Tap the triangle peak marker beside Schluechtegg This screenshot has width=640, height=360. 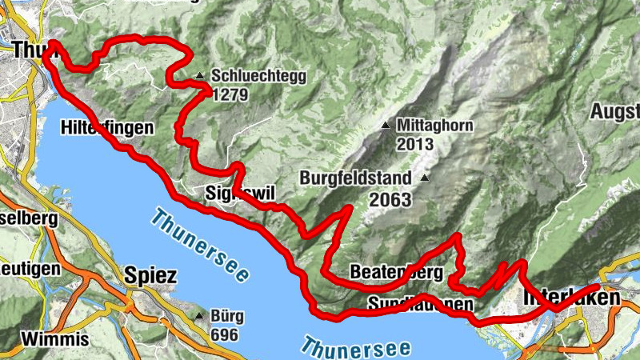(199, 77)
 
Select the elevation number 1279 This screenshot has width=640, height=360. (230, 94)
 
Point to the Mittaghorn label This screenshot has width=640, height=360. (435, 126)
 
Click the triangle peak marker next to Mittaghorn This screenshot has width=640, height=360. (386, 126)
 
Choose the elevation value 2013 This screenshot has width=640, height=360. (414, 144)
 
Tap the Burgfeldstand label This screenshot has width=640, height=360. (356, 178)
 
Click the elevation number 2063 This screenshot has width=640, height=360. (390, 199)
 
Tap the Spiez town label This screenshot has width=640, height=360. (150, 275)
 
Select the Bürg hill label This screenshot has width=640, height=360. (226, 316)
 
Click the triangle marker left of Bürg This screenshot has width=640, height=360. (199, 316)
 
